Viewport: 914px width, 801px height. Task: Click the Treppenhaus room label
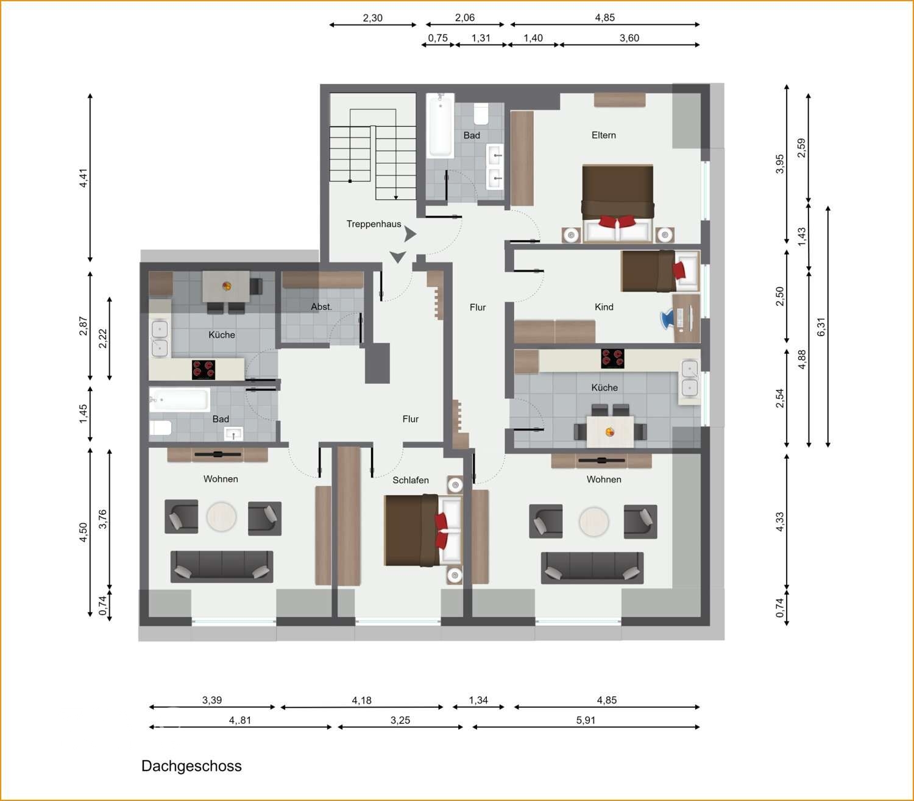pyautogui.click(x=374, y=224)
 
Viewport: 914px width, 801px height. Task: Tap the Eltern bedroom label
pyautogui.click(x=603, y=135)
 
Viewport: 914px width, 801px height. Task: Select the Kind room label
pyautogui.click(x=603, y=307)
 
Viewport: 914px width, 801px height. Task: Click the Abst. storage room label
pyautogui.click(x=321, y=307)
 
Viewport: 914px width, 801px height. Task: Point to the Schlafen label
pyautogui.click(x=410, y=480)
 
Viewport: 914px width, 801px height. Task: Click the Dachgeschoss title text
pyautogui.click(x=191, y=766)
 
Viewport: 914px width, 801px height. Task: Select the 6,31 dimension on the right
pyautogui.click(x=821, y=326)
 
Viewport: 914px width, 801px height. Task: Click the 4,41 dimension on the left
pyautogui.click(x=83, y=177)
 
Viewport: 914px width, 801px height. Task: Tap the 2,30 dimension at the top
pyautogui.click(x=372, y=18)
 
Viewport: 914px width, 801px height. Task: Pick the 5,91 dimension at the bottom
pyautogui.click(x=586, y=720)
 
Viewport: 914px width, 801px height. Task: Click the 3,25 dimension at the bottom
pyautogui.click(x=400, y=720)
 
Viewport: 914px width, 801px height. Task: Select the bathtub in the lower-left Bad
pyautogui.click(x=180, y=400)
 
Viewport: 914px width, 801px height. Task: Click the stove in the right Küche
pyautogui.click(x=612, y=358)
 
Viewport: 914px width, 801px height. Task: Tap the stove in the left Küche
pyautogui.click(x=204, y=369)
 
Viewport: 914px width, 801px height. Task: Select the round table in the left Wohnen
pyautogui.click(x=221, y=517)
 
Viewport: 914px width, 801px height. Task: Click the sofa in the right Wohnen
pyautogui.click(x=592, y=568)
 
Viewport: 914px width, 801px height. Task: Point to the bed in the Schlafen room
pyautogui.click(x=420, y=531)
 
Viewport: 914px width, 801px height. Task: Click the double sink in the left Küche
pyautogui.click(x=159, y=339)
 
